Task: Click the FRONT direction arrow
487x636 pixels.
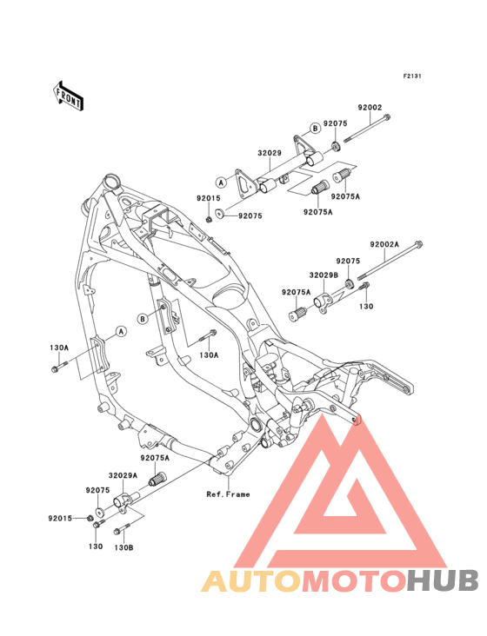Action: [x=68, y=96]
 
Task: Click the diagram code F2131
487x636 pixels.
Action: [x=412, y=76]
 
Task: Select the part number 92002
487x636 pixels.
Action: [x=370, y=108]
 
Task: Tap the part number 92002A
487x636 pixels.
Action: [x=384, y=245]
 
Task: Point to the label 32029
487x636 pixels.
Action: [x=270, y=153]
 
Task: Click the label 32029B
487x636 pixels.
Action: [x=324, y=275]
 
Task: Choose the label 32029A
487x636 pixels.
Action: [x=123, y=475]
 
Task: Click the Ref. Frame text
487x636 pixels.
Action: [x=228, y=494]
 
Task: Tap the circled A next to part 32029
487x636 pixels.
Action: [x=221, y=182]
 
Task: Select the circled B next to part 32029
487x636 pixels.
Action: [x=315, y=129]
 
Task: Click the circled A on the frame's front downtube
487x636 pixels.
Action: [x=121, y=331]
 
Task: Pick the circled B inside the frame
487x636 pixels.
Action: [x=143, y=319]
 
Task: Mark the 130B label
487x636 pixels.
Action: [x=123, y=547]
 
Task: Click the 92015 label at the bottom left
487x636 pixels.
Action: [x=60, y=518]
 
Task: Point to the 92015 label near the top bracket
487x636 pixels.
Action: [x=209, y=198]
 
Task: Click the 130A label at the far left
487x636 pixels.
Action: [x=59, y=348]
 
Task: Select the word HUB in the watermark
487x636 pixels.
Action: [x=444, y=580]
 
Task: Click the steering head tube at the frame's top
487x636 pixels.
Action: [x=112, y=181]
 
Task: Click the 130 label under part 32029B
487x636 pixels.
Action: [x=366, y=306]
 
